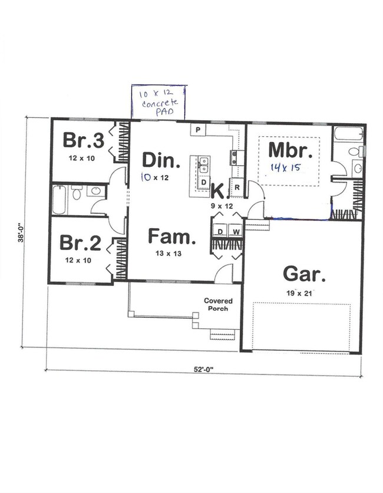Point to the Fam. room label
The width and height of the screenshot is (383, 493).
(171, 237)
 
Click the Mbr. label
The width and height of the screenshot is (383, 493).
(289, 150)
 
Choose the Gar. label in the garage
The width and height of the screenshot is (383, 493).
(303, 274)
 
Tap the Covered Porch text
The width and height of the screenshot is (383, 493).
(218, 305)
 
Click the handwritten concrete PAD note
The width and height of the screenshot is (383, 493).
(157, 103)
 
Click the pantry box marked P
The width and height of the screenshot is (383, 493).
(198, 129)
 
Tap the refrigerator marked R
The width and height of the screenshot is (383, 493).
(236, 186)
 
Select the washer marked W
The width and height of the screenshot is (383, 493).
(235, 231)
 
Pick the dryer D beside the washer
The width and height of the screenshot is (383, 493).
(220, 231)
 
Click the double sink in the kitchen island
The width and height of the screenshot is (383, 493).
(203, 165)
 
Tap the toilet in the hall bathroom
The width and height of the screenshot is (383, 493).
(77, 193)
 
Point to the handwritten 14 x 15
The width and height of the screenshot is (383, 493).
(285, 167)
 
